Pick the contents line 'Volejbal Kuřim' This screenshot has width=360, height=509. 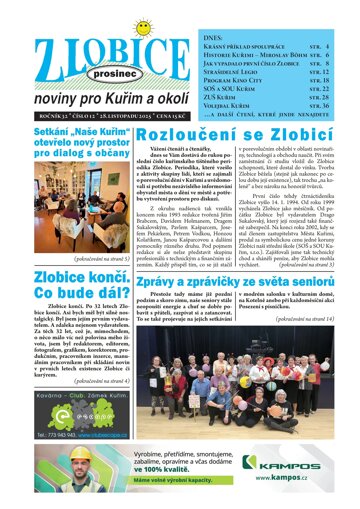260,103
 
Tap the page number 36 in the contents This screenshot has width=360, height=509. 344,103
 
